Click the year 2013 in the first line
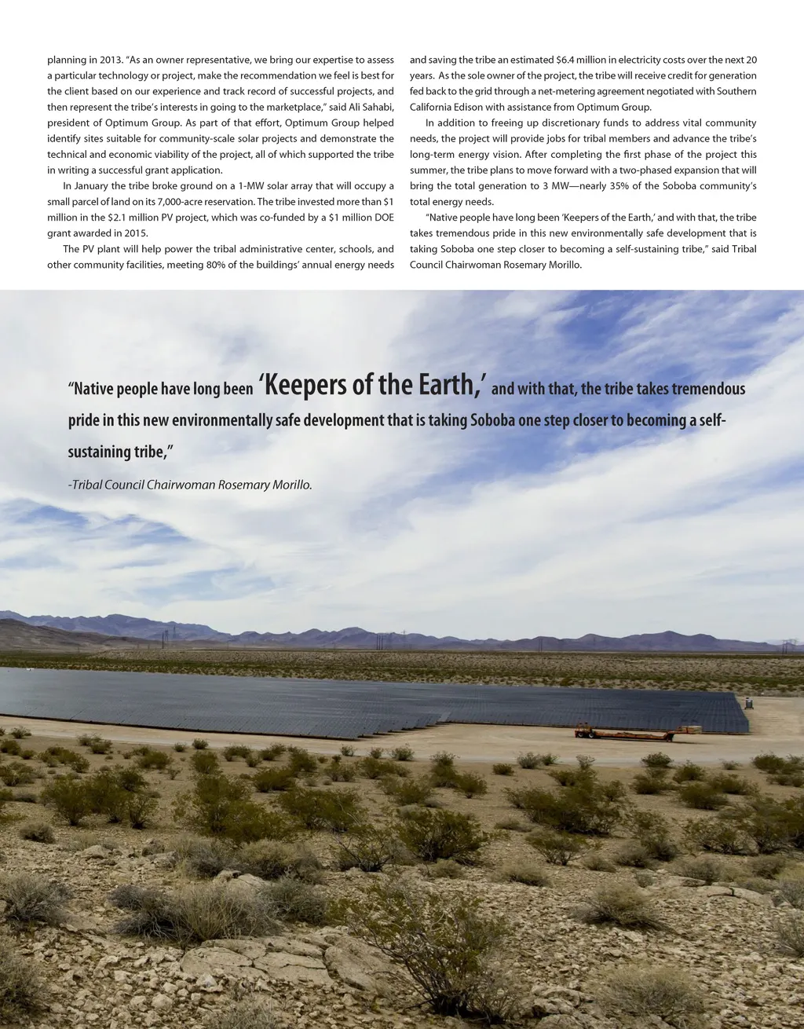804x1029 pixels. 110,60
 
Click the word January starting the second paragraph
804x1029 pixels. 93,186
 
